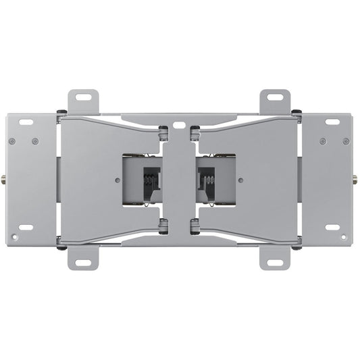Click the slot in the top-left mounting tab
tap(84, 97)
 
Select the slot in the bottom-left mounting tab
tap(84, 261)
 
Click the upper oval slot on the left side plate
tap(26, 122)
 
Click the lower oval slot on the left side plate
tap(26, 227)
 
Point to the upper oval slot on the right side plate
tap(333, 122)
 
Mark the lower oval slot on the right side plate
tap(333, 227)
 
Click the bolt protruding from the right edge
tap(355, 180)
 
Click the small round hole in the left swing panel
tap(118, 180)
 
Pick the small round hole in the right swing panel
tap(240, 180)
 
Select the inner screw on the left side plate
tap(35, 141)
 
